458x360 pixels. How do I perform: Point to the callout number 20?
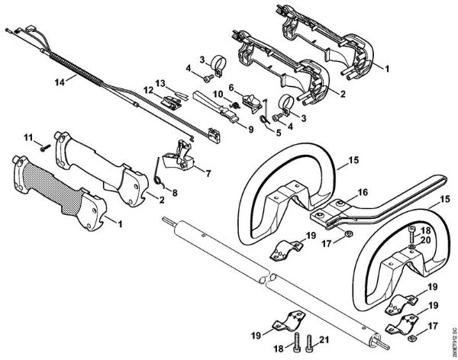(424, 239)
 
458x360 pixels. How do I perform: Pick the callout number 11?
(28, 137)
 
